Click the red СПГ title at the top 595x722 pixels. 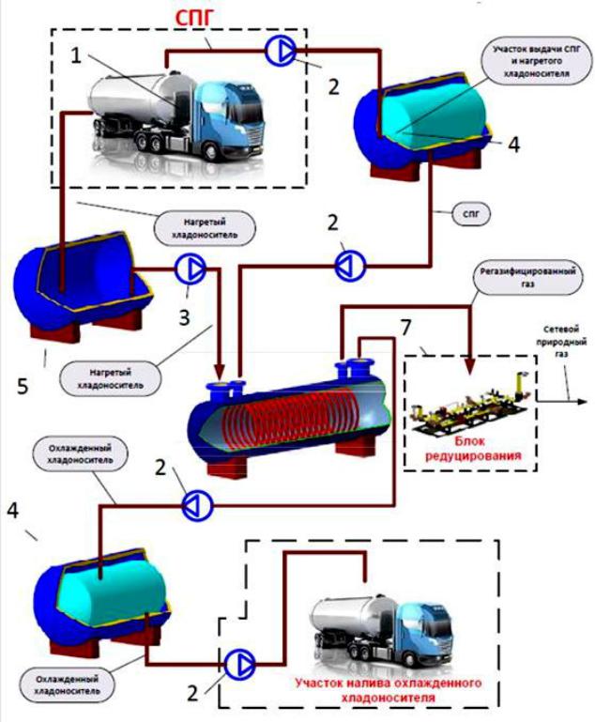[194, 17]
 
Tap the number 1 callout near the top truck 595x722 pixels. [76, 56]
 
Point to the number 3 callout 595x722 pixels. [184, 317]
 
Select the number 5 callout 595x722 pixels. [23, 386]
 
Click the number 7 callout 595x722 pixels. [405, 328]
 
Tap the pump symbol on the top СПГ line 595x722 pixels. [281, 50]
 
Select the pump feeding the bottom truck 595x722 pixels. [239, 664]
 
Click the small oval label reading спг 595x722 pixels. [471, 215]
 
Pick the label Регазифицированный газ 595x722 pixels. [527, 278]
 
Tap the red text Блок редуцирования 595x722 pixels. [469, 449]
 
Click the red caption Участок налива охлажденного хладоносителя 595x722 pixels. [388, 689]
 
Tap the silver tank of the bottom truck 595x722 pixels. [350, 616]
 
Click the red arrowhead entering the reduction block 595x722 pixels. [469, 365]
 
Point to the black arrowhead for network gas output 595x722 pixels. [582, 402]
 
